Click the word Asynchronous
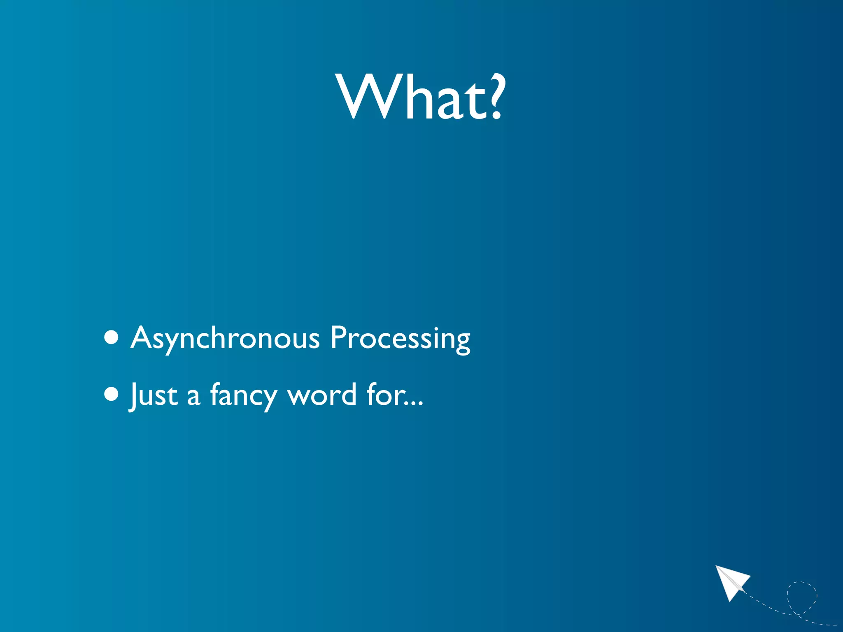(x=225, y=338)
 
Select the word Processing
(x=400, y=338)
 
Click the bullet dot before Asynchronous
(x=111, y=337)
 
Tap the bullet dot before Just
(x=111, y=394)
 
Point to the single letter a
(x=193, y=397)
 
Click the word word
(x=322, y=395)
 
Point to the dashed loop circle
(x=802, y=597)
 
